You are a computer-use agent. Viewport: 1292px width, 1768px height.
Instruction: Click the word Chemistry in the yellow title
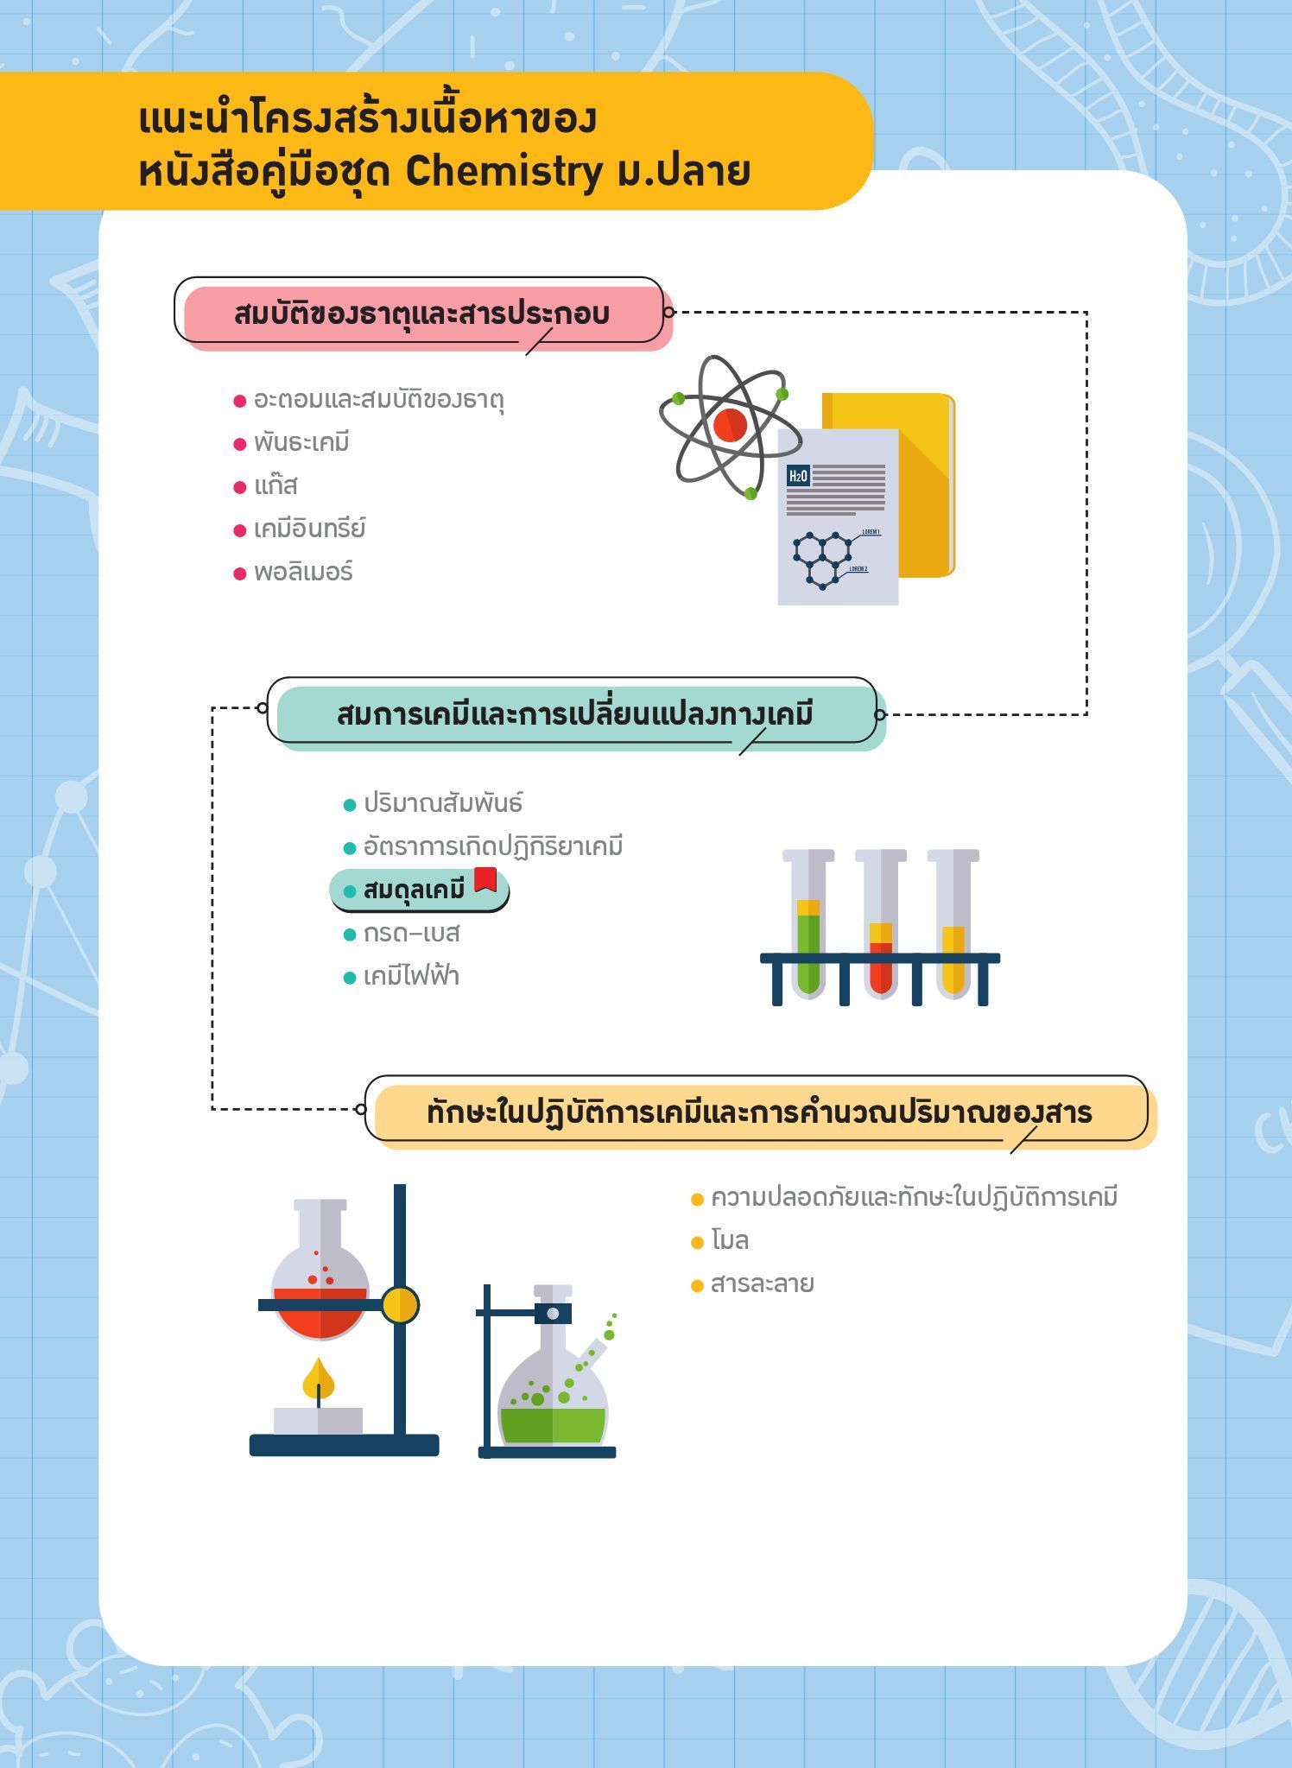503,171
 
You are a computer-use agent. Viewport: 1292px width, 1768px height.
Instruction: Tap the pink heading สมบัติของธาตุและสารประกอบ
421,313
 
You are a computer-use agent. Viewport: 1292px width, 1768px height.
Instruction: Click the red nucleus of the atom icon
731,425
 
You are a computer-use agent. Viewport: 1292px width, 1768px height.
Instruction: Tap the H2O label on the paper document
798,475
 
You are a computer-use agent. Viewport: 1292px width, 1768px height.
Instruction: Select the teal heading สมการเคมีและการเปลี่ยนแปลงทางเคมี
575,715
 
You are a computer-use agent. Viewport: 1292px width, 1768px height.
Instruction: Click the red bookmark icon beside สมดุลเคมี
485,879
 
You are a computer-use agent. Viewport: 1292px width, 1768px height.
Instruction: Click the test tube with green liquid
808,924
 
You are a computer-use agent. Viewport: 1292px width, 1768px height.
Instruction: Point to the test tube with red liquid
881,924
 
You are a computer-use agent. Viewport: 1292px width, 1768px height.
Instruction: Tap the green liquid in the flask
553,1425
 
